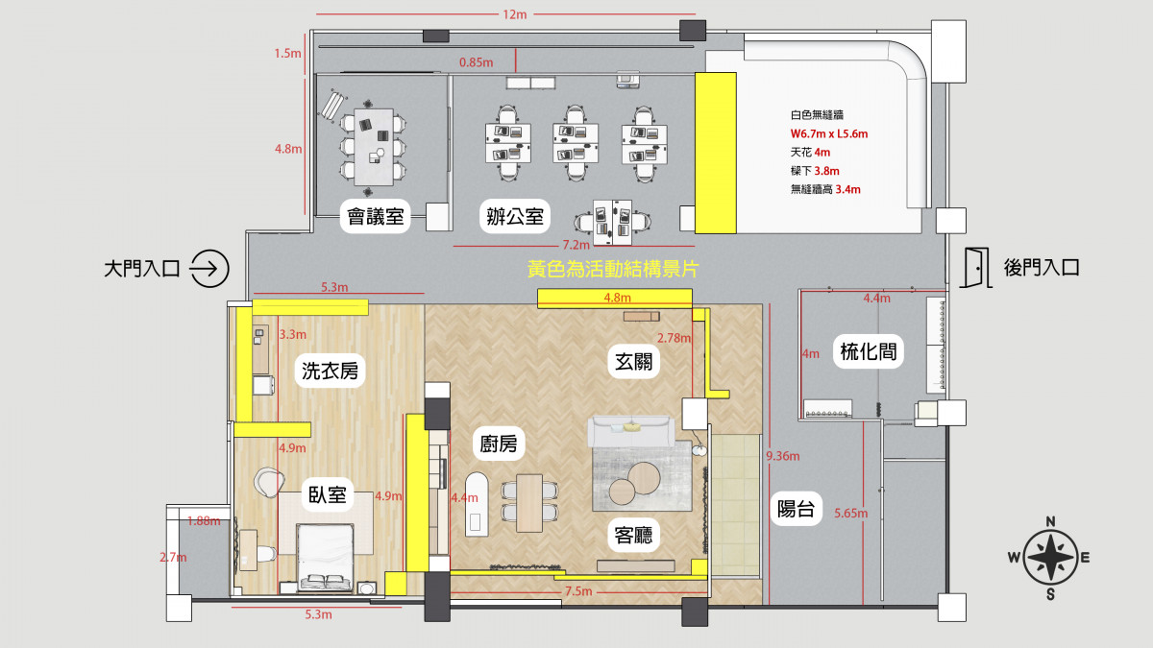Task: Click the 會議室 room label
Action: (x=376, y=216)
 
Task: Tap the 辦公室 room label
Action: (x=515, y=216)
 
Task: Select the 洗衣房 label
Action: (x=330, y=371)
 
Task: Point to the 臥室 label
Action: (x=327, y=494)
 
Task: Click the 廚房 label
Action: (x=499, y=444)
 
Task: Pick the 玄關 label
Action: (x=633, y=362)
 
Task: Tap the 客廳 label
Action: (x=633, y=536)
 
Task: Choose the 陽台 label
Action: (x=796, y=509)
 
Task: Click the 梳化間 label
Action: (x=869, y=351)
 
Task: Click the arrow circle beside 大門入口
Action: (x=209, y=269)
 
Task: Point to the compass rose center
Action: (x=1050, y=558)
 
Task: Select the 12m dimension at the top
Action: (x=514, y=14)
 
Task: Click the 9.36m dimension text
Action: (x=782, y=456)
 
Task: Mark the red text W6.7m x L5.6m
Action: (x=828, y=134)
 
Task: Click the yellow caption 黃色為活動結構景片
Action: (x=613, y=269)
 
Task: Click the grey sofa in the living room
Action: (x=631, y=431)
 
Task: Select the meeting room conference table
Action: (x=374, y=147)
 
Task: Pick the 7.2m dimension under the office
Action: (x=576, y=245)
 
